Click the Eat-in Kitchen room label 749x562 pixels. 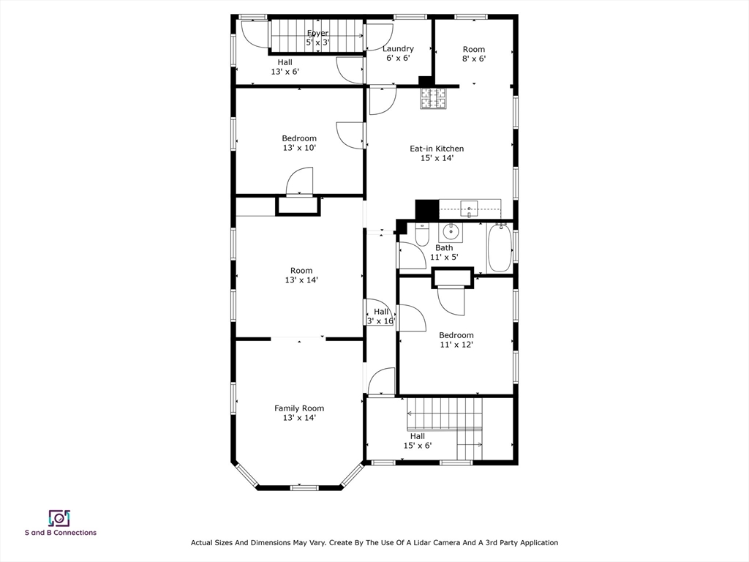pos(436,149)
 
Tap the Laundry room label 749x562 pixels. pos(398,49)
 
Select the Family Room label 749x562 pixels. pos(299,408)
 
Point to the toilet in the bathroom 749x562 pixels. pos(422,235)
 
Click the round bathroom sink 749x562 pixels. pos(451,233)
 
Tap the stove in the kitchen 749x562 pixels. pos(433,99)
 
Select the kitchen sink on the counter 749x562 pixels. pos(469,209)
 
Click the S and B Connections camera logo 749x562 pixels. pos(59,518)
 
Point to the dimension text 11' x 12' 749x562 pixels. pos(456,345)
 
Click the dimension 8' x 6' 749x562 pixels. pos(473,59)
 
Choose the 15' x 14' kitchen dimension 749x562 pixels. pos(436,158)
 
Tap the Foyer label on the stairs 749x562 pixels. pos(317,34)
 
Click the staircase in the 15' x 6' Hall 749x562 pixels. pos(445,414)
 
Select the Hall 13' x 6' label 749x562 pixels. pos(285,67)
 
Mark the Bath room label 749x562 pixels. pos(444,248)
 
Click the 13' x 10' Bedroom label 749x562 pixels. pos(299,143)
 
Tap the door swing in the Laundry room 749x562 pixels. pos(380,37)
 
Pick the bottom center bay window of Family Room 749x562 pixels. pos(304,487)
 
